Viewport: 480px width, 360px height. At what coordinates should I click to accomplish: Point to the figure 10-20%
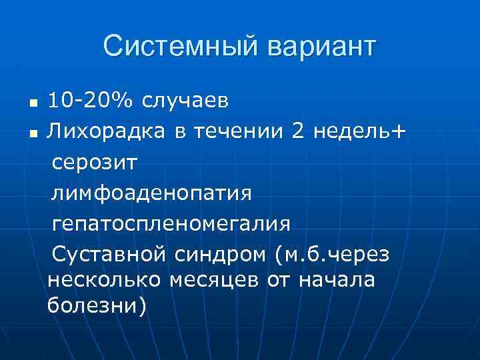[90, 102]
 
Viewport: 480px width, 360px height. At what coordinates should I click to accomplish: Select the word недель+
[359, 133]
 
